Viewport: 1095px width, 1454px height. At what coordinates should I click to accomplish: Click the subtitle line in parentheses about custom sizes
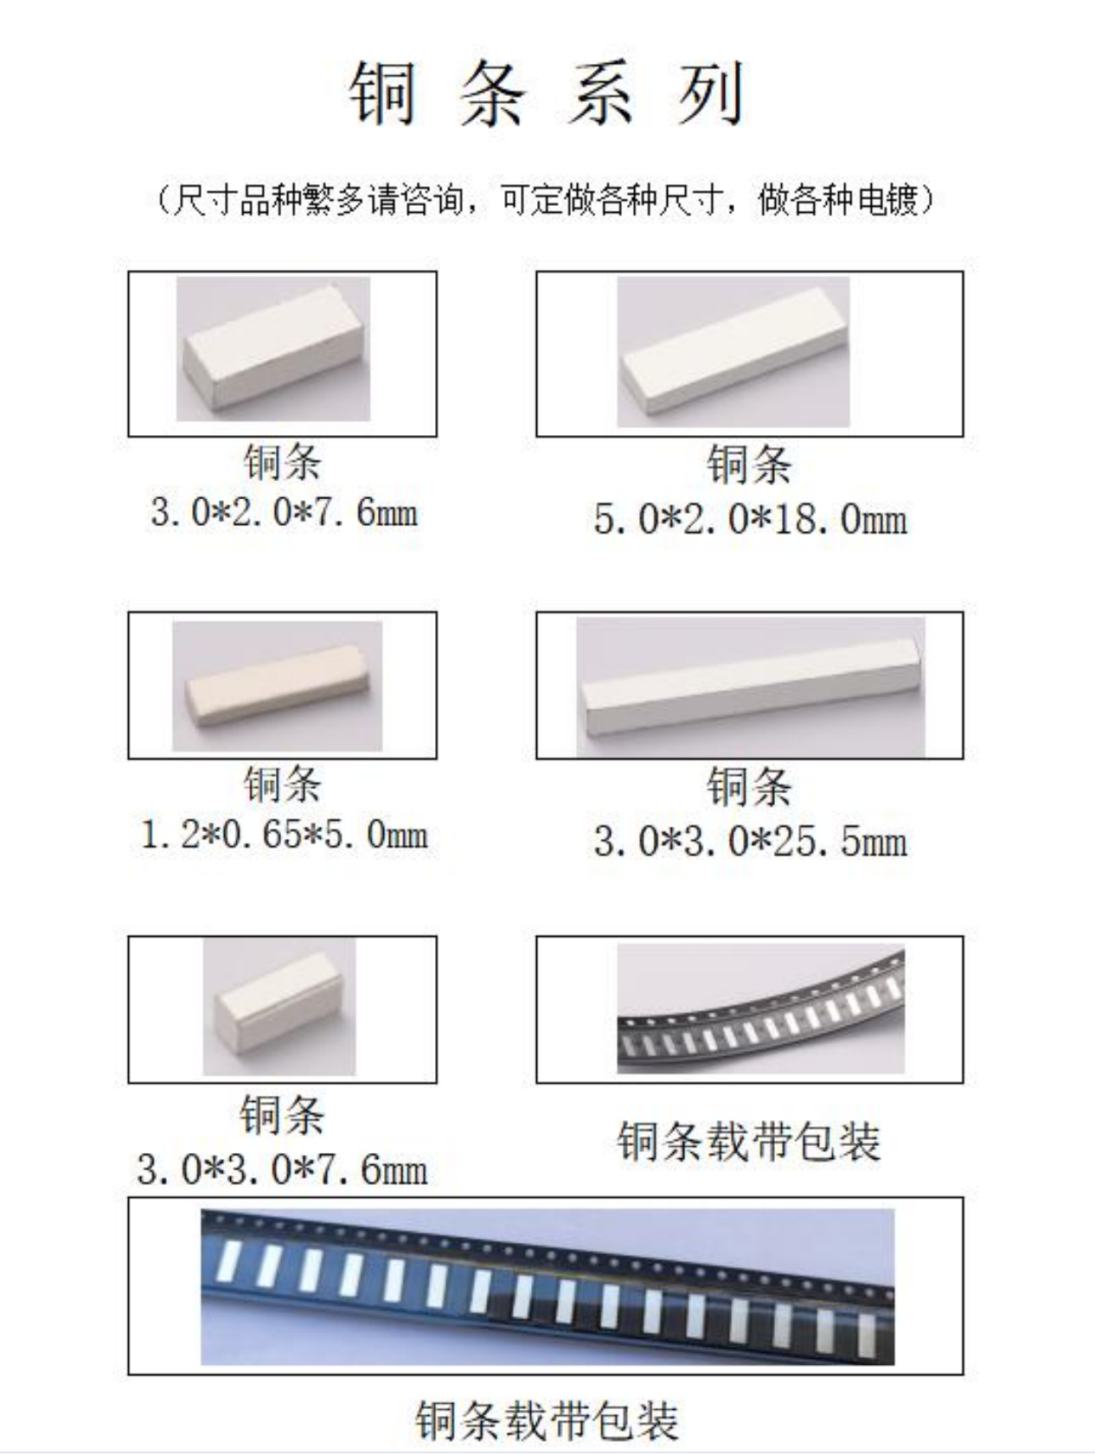pos(547,201)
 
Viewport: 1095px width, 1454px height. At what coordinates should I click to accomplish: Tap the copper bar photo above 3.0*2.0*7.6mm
pos(273,349)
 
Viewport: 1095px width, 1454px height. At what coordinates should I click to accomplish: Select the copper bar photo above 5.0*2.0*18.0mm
pos(733,352)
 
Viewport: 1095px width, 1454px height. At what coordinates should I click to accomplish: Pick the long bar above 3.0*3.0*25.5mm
pos(751,688)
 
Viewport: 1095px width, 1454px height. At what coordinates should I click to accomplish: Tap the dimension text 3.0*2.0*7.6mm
pos(284,513)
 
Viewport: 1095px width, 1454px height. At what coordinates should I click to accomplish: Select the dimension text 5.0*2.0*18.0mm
pos(750,519)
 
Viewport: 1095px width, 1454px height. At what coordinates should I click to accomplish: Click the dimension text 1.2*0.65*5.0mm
pos(284,835)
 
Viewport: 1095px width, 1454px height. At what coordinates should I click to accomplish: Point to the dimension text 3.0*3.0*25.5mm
pos(750,841)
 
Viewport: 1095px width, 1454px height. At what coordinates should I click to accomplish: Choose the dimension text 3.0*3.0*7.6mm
pos(282,1169)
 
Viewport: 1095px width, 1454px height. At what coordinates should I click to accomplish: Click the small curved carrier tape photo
pos(760,1009)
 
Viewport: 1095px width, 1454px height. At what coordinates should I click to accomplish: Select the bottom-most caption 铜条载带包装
pos(547,1419)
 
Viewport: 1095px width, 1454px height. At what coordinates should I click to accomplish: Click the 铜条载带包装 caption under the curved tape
pos(749,1142)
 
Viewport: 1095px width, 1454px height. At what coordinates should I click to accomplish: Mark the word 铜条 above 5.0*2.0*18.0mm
pos(749,464)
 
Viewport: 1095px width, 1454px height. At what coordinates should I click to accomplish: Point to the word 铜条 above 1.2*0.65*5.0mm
pos(283,784)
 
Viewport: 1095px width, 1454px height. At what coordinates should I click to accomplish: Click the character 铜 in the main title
pos(383,94)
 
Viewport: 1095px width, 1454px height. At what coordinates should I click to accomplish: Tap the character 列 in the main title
pos(711,94)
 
